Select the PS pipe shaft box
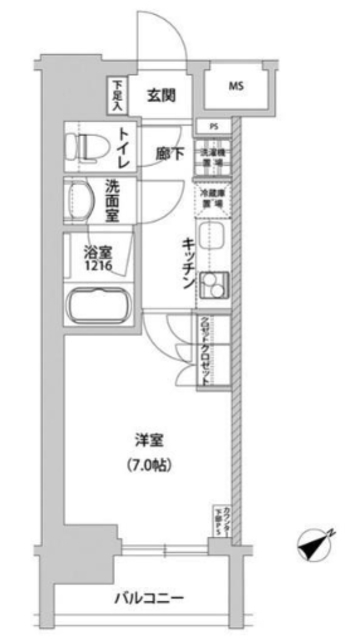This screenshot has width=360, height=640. click(214, 126)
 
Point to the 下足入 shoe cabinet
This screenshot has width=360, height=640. click(116, 96)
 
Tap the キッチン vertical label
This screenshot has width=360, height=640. click(187, 265)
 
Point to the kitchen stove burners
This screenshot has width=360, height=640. click(213, 287)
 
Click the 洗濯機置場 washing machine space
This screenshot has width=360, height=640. click(213, 157)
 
